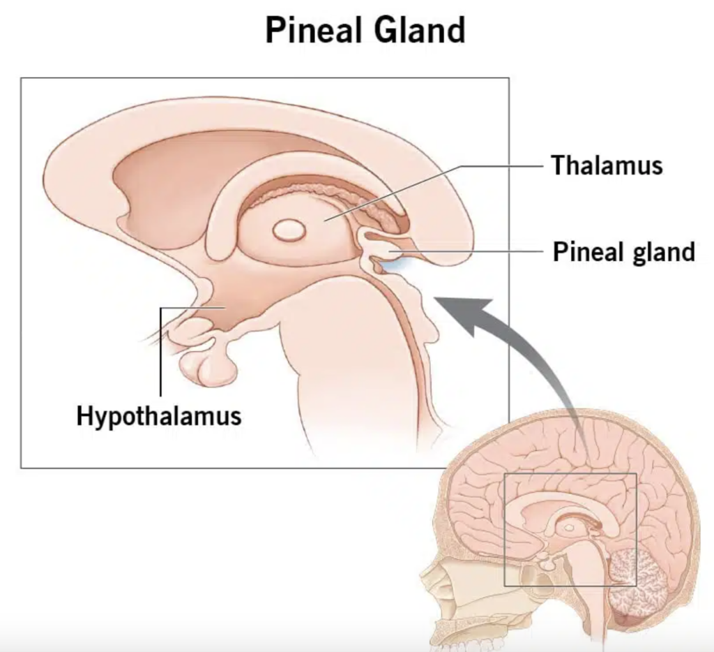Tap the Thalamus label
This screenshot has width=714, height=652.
point(607,166)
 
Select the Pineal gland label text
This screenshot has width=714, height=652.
point(624,251)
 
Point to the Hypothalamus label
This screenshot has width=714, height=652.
point(159,416)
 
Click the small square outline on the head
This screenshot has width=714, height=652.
point(570,475)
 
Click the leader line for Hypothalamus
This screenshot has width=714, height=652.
point(161,349)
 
